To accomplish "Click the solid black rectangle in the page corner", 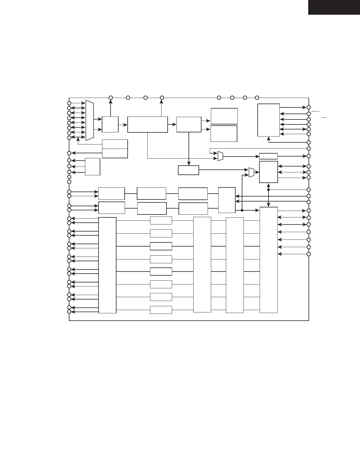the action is [x=334, y=7].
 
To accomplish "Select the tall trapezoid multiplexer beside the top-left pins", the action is [x=89, y=120].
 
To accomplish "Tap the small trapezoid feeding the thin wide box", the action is [x=220, y=156].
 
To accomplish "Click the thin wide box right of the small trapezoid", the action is [x=268, y=156].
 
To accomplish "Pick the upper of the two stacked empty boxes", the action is [x=224, y=116].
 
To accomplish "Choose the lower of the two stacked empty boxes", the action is [x=224, y=134].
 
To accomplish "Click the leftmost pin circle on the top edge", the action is [x=111, y=98].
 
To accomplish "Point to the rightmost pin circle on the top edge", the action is [x=257, y=98].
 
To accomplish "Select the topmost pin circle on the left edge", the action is [x=69, y=103].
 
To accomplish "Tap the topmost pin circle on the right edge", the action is [x=309, y=107].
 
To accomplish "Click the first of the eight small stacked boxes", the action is [x=161, y=220].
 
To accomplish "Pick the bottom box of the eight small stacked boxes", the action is [x=161, y=310].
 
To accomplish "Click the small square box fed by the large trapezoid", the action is [x=110, y=124].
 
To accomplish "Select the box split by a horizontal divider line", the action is [x=115, y=149].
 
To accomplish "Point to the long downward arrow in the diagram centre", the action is [x=189, y=149].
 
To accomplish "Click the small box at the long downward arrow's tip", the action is [x=189, y=170].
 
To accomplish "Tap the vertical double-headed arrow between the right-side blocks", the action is [x=268, y=195].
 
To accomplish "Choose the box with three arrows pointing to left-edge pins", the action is [x=92, y=167].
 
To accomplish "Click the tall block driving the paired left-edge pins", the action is [x=107, y=265].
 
